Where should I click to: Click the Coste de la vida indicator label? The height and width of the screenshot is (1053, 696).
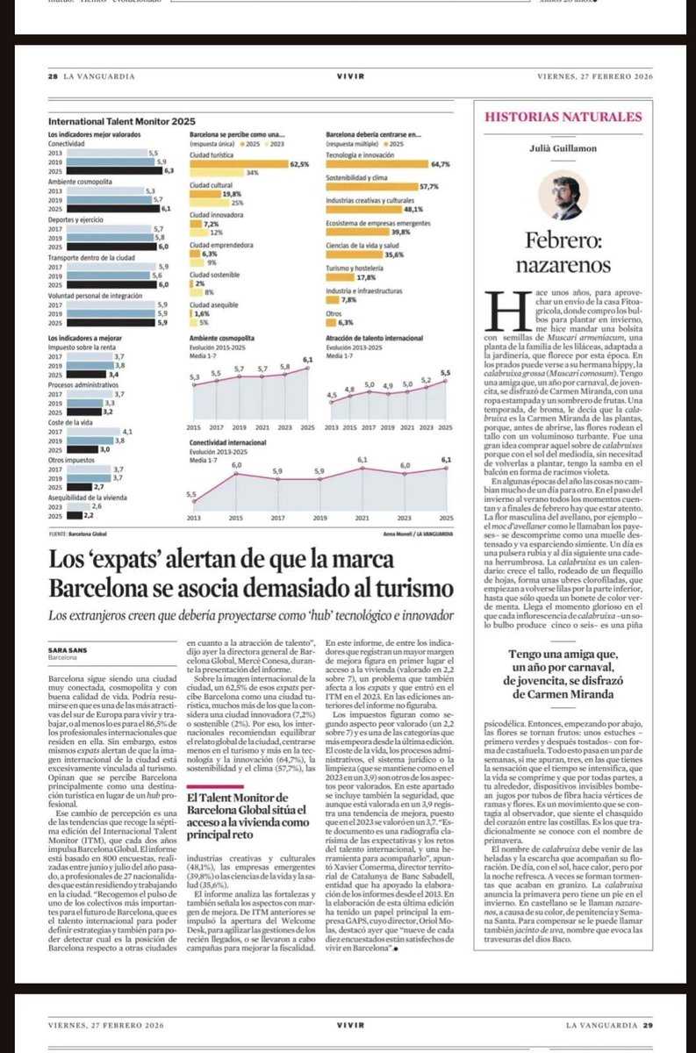tap(69, 420)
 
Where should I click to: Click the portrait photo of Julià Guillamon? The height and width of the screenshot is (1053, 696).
tap(563, 195)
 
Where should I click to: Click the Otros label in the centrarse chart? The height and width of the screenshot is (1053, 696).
tap(334, 312)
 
